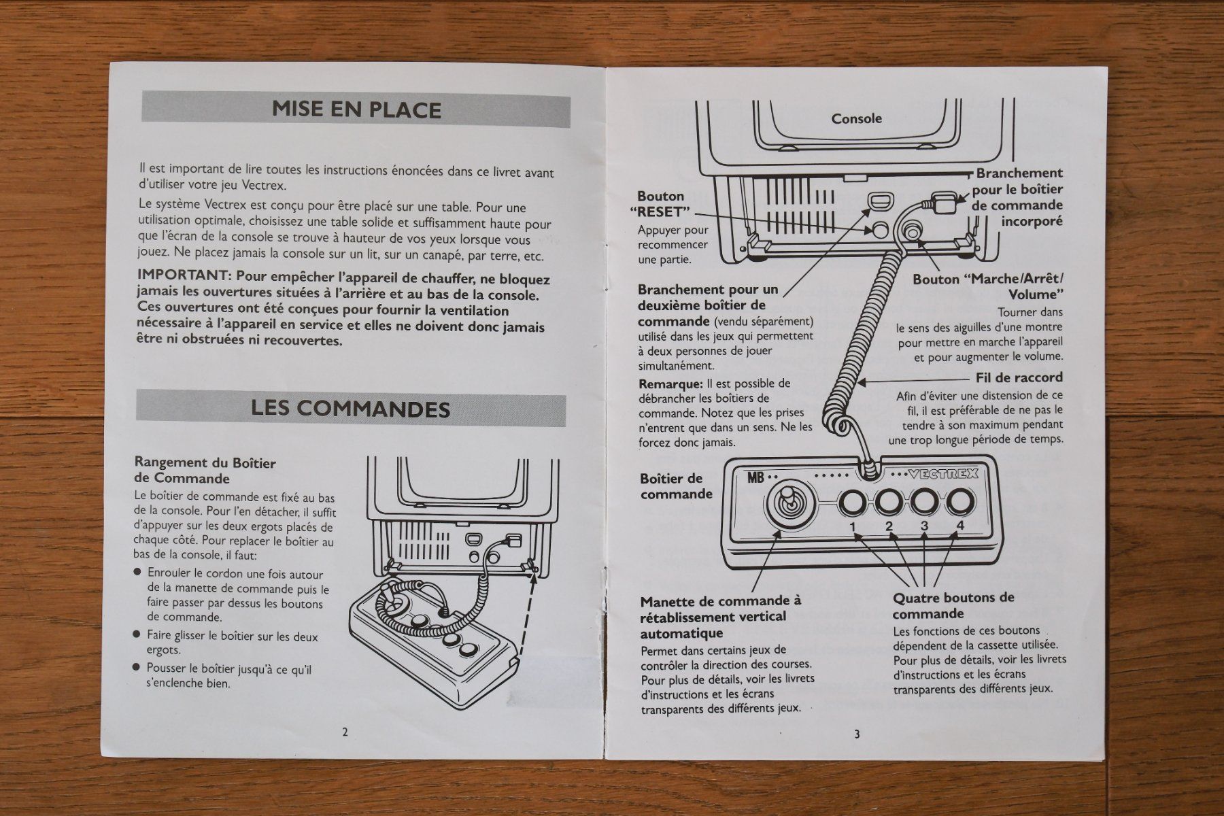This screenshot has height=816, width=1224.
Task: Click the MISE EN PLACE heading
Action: point(356,109)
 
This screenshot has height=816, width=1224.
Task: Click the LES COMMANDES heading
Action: point(350,409)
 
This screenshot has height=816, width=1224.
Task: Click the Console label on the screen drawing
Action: point(857,118)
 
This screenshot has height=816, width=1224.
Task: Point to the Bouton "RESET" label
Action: point(663,204)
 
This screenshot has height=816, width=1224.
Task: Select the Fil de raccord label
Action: point(1019,378)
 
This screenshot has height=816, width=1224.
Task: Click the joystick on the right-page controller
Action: point(785,507)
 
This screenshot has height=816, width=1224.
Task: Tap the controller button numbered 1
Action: point(852,503)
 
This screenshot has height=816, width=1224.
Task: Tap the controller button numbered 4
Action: point(959,503)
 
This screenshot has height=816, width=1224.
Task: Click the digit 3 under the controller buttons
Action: point(924,526)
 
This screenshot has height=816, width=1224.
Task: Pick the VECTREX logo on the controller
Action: point(944,475)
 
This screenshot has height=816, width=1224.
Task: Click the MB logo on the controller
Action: point(756,477)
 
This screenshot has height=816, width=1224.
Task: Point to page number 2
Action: point(345,732)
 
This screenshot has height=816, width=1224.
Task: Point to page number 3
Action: point(857,734)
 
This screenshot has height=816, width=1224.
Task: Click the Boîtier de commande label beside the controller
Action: point(676,486)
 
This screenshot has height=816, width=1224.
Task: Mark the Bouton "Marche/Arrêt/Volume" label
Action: point(988,287)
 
